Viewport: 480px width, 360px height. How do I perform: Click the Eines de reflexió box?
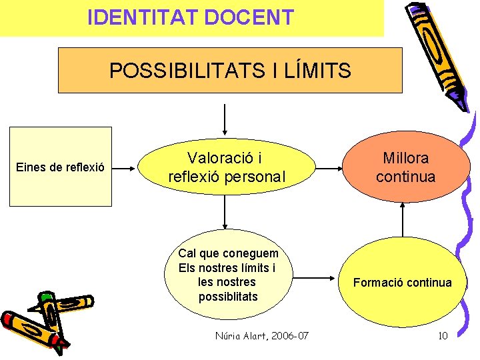pos(60,167)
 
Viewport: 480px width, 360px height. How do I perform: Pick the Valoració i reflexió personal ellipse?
pos(227,167)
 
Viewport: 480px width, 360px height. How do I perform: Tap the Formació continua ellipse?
pos(402,283)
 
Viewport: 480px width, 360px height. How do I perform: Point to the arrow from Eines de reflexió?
pos(126,167)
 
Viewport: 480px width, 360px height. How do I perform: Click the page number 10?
pos(443,335)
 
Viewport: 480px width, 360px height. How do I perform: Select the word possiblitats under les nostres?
pos(227,296)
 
